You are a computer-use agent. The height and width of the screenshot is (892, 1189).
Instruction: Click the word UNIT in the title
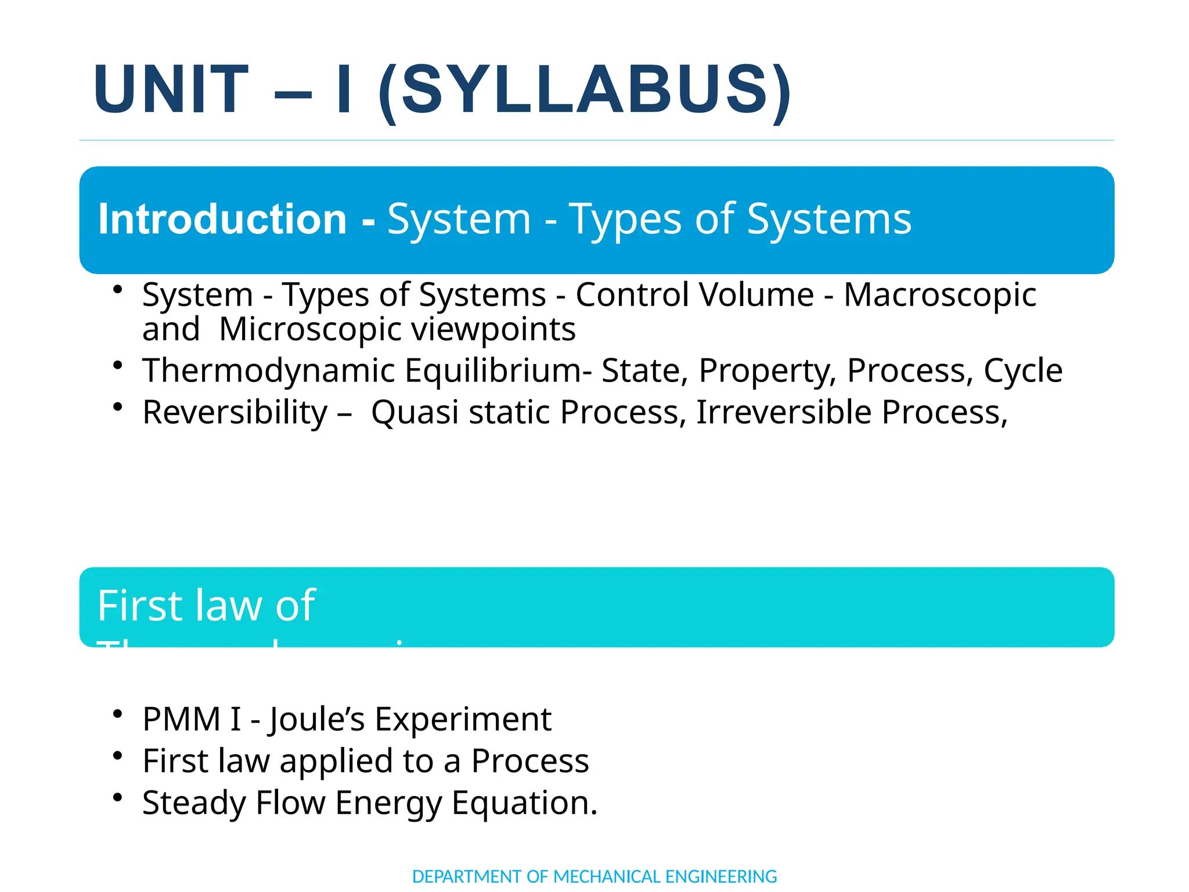[x=171, y=90]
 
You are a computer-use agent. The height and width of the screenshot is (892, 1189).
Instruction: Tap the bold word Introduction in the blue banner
[x=222, y=219]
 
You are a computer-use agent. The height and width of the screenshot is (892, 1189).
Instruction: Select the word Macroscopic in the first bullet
[x=939, y=295]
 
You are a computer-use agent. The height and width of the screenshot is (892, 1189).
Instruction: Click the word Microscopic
[x=310, y=329]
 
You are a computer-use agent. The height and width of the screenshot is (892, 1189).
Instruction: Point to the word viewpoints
[x=493, y=329]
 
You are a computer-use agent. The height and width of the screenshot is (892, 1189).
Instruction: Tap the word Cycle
[x=1023, y=371]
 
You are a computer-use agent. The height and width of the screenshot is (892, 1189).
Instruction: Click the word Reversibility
[x=235, y=412]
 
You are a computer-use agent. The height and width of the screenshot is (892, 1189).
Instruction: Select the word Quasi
[x=415, y=412]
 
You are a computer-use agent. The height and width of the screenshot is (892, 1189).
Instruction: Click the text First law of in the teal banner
[x=206, y=606]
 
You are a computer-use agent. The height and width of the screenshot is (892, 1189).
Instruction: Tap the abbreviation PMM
[x=181, y=719]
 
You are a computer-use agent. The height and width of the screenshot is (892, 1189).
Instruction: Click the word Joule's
[x=316, y=719]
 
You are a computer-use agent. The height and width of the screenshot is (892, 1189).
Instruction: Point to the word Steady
[x=193, y=803]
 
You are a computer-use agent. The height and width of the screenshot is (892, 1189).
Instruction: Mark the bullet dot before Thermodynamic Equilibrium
[x=118, y=365]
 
